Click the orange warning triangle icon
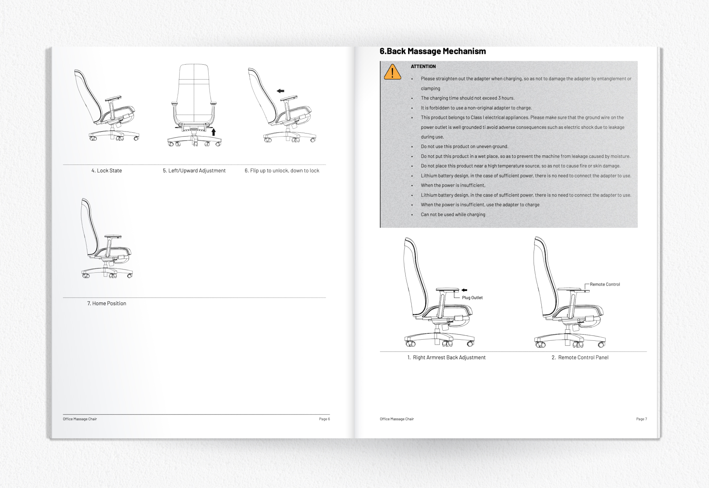pyautogui.click(x=392, y=72)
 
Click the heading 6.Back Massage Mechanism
pyautogui.click(x=433, y=51)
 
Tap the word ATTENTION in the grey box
pyautogui.click(x=423, y=67)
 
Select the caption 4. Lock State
pyautogui.click(x=106, y=171)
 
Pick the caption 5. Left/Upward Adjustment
pyautogui.click(x=194, y=171)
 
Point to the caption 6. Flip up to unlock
pyautogui.click(x=282, y=171)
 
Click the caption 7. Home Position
pyautogui.click(x=106, y=303)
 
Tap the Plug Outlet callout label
pyautogui.click(x=472, y=298)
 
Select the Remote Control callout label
pyautogui.click(x=604, y=284)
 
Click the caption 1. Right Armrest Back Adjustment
pyautogui.click(x=446, y=357)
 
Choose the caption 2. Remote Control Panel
pyautogui.click(x=580, y=357)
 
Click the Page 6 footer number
pyautogui.click(x=324, y=419)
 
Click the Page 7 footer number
pyautogui.click(x=641, y=419)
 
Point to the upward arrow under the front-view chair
pyautogui.click(x=214, y=132)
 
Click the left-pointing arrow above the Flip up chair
pyautogui.click(x=281, y=91)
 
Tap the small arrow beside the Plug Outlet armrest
pyautogui.click(x=464, y=290)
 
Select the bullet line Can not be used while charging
pyautogui.click(x=453, y=215)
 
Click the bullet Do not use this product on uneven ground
pyautogui.click(x=464, y=146)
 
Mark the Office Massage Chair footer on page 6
pyautogui.click(x=80, y=419)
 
